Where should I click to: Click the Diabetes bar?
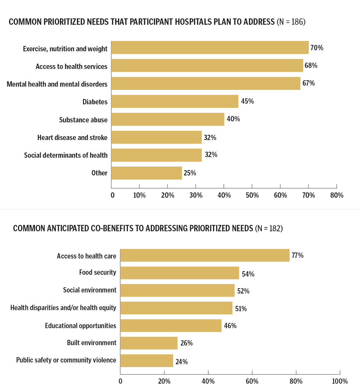point(175,101)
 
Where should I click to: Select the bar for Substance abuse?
point(168,119)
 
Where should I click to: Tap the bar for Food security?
point(179,273)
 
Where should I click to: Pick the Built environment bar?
point(149,343)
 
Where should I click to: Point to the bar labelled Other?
point(147,173)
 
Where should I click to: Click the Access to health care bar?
point(205,255)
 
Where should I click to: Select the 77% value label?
point(297,255)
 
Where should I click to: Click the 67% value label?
point(308,83)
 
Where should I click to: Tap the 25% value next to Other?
point(190,173)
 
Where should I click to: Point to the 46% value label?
point(230,325)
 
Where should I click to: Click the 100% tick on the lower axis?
point(340,381)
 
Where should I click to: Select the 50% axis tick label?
point(252,195)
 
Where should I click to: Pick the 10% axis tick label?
point(139,195)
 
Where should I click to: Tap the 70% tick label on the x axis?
point(308,195)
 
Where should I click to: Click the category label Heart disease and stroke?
point(72,137)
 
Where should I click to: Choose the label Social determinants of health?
point(66,155)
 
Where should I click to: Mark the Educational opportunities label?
point(81,325)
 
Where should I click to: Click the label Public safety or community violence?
point(66,360)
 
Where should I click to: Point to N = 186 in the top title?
point(291,22)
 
